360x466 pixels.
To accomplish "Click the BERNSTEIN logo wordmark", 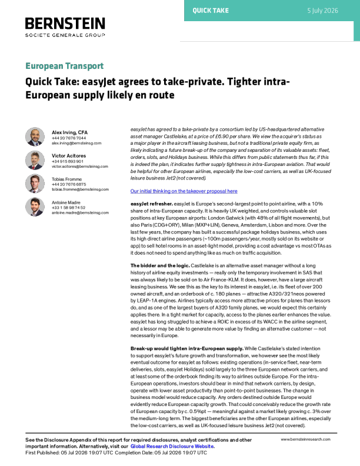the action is (65, 24).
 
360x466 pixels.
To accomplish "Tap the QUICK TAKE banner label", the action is (211, 11).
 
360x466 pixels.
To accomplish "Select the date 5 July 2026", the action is (322, 11).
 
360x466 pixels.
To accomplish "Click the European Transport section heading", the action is (65, 66).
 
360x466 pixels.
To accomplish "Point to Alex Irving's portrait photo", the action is (35, 137).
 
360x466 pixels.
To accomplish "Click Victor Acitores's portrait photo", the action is (35, 160).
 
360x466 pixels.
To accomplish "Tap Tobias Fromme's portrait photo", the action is (35, 184).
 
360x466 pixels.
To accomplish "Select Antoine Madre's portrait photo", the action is (35, 207).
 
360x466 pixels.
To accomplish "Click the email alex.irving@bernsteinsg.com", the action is (76, 143).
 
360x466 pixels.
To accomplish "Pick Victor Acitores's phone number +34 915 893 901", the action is (68, 161).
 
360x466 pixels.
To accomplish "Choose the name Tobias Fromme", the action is (67, 179).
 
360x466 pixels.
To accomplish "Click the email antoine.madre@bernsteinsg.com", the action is (80, 213).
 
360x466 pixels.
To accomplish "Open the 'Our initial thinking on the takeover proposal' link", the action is (184, 191).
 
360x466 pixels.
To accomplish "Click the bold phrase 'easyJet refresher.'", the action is (152, 204).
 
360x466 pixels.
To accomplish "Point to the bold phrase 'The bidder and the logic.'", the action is (160, 266).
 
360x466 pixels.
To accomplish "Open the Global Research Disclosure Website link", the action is (172, 447).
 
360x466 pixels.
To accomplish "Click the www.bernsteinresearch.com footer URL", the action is (306, 440).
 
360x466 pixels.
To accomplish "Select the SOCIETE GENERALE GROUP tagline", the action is (65, 35).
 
